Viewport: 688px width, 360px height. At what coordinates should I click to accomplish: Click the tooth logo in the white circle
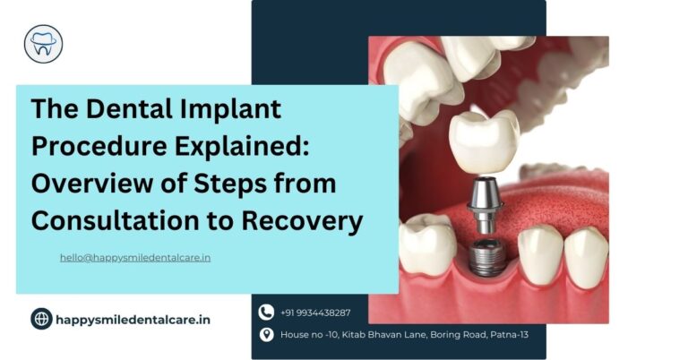(43, 43)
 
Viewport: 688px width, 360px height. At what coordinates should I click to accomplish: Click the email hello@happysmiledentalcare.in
(135, 257)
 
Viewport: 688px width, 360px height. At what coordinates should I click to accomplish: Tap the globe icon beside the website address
(42, 318)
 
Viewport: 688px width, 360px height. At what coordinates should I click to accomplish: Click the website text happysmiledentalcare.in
(133, 318)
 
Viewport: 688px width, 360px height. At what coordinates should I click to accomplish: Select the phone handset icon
(266, 313)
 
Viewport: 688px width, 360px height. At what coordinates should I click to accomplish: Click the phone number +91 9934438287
(314, 313)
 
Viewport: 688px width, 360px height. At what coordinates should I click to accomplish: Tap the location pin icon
(266, 335)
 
